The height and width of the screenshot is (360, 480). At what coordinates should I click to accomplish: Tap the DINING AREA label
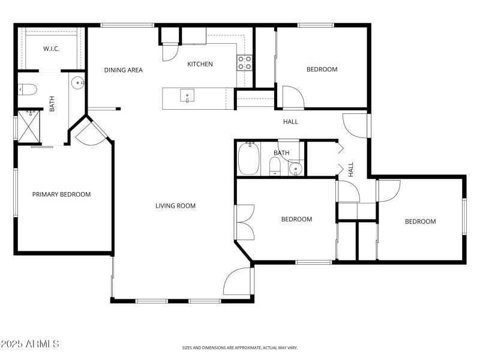click(123, 70)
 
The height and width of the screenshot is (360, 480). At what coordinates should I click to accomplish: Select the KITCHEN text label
click(200, 64)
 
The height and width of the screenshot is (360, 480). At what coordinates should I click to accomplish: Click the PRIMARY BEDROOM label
click(61, 194)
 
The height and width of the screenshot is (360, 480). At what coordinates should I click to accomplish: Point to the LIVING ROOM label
click(175, 206)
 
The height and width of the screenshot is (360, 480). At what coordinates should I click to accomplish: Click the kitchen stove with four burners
click(244, 63)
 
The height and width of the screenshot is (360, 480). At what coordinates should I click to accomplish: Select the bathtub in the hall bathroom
click(248, 159)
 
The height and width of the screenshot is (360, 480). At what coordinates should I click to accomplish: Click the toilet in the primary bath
click(28, 90)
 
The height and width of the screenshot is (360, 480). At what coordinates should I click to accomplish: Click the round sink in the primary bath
click(77, 83)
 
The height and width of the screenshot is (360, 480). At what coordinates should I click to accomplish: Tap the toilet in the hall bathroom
click(275, 166)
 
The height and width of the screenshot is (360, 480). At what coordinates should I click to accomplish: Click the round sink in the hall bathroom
click(295, 169)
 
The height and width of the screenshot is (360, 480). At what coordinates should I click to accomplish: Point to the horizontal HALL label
click(290, 122)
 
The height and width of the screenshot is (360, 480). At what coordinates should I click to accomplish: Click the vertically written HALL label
click(351, 169)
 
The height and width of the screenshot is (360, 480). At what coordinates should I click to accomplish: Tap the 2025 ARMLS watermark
click(30, 344)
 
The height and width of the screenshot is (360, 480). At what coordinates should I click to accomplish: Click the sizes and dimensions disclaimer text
click(240, 347)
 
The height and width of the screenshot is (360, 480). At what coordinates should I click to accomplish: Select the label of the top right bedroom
click(322, 70)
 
